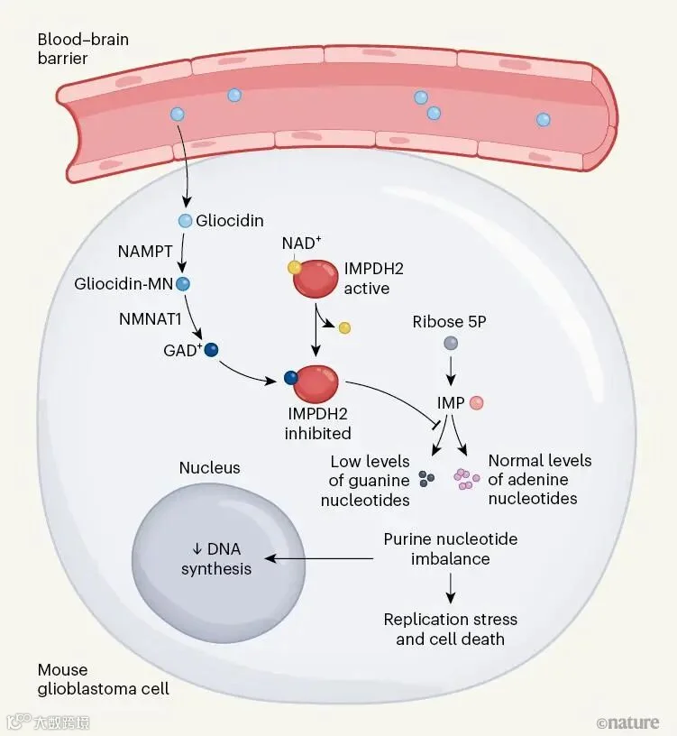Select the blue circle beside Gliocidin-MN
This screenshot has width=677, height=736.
tap(183, 283)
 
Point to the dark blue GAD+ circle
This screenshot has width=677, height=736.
tap(212, 349)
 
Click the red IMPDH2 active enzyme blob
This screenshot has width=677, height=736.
tap(316, 279)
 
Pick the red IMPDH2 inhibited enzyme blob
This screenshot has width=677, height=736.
tap(312, 383)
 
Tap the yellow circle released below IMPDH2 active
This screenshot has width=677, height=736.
tap(343, 327)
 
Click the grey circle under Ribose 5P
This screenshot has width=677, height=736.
tap(450, 343)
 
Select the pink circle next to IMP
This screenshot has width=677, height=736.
tap(478, 403)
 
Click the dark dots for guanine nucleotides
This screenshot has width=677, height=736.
tap(428, 478)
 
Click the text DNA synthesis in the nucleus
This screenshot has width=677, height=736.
tap(216, 559)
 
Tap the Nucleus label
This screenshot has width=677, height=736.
tap(209, 467)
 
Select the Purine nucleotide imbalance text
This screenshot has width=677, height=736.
tap(450, 548)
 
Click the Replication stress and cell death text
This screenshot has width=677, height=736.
tap(450, 629)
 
